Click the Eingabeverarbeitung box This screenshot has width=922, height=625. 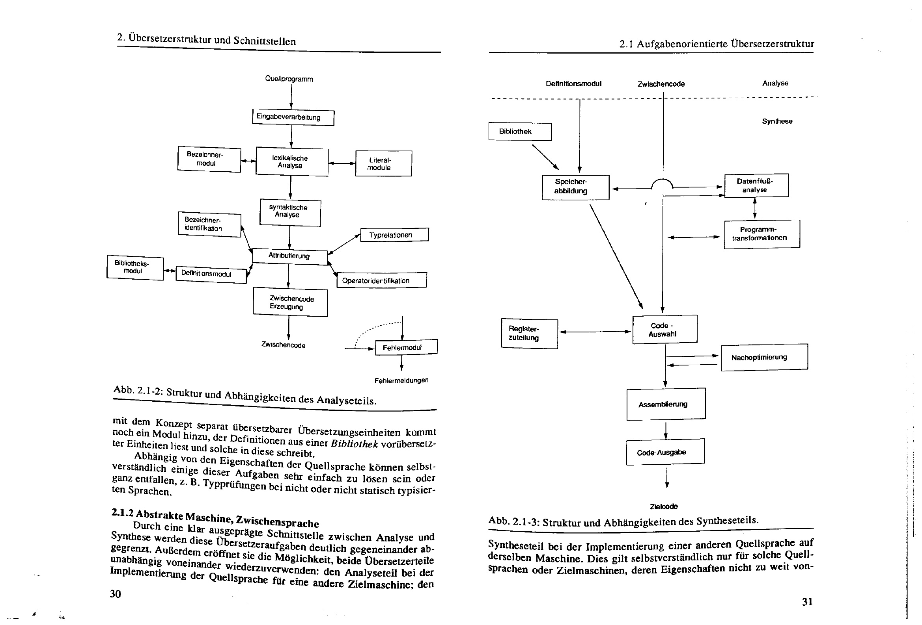click(x=293, y=117)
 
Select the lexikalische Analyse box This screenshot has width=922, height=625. click(x=291, y=162)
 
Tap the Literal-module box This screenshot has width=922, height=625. click(x=383, y=164)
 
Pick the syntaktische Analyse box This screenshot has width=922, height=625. click(x=290, y=213)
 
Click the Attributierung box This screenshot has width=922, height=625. click(x=289, y=256)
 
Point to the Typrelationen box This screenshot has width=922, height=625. click(x=394, y=235)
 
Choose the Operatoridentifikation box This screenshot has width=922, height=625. click(x=381, y=280)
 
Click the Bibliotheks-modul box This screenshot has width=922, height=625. click(x=135, y=267)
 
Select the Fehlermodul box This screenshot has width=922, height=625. click(x=406, y=347)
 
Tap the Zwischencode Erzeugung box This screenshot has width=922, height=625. click(x=290, y=303)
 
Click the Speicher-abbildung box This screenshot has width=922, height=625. click(x=575, y=187)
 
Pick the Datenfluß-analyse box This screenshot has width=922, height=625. click(x=756, y=185)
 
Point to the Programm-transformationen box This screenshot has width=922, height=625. click(x=761, y=234)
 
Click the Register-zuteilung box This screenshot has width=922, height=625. click(x=529, y=334)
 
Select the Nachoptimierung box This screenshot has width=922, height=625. click(x=764, y=358)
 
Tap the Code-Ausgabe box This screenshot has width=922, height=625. click(x=665, y=452)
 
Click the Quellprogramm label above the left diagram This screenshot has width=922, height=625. click(x=289, y=79)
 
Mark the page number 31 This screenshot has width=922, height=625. click(x=807, y=602)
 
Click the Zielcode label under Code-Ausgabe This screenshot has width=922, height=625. click(x=663, y=506)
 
